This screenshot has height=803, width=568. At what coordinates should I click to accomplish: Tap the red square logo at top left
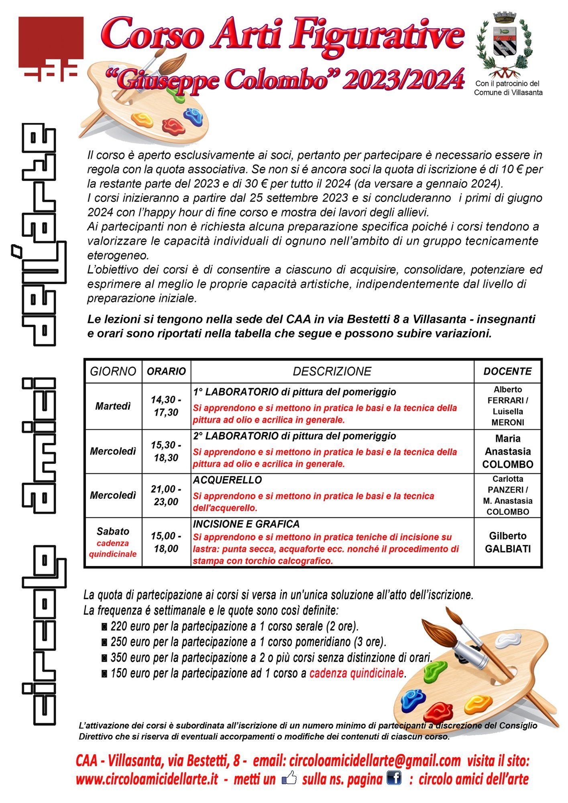click(51, 42)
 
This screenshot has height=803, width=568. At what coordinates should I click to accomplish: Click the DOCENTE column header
click(507, 371)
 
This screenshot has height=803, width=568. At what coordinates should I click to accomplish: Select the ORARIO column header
click(166, 371)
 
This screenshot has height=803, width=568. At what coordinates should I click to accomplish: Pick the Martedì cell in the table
click(113, 406)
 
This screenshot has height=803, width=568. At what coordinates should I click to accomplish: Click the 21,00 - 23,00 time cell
click(166, 495)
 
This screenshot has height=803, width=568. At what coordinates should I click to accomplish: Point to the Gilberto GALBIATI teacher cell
click(508, 542)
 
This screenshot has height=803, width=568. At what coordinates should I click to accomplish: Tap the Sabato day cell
click(113, 532)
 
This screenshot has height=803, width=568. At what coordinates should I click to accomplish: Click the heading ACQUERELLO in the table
click(227, 480)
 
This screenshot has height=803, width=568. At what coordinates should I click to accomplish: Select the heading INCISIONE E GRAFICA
click(246, 524)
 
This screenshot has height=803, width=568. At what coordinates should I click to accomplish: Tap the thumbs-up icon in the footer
click(289, 779)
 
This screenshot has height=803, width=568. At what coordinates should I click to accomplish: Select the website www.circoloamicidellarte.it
click(147, 779)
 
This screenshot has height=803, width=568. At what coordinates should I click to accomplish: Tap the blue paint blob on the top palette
click(193, 115)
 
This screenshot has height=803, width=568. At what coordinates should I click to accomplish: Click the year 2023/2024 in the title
click(403, 80)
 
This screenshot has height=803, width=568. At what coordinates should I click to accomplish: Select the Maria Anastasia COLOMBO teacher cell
click(508, 451)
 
